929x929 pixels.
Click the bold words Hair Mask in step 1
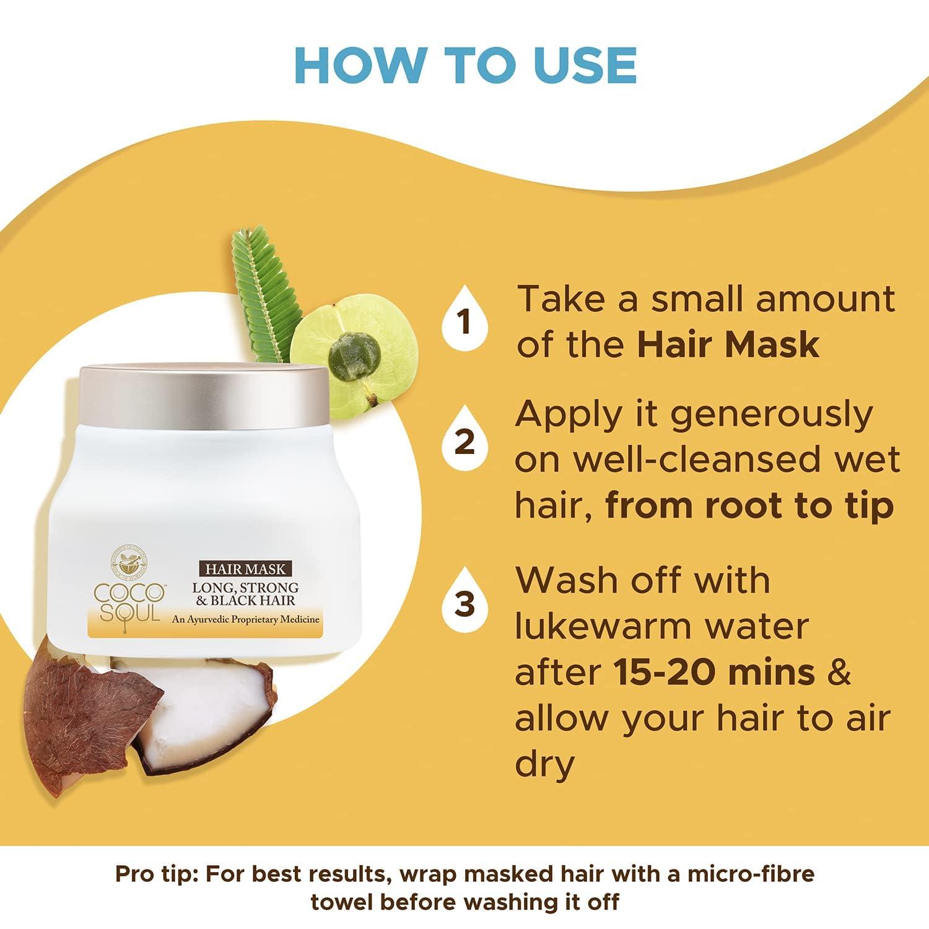click(x=728, y=344)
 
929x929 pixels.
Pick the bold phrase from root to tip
click(x=749, y=506)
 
